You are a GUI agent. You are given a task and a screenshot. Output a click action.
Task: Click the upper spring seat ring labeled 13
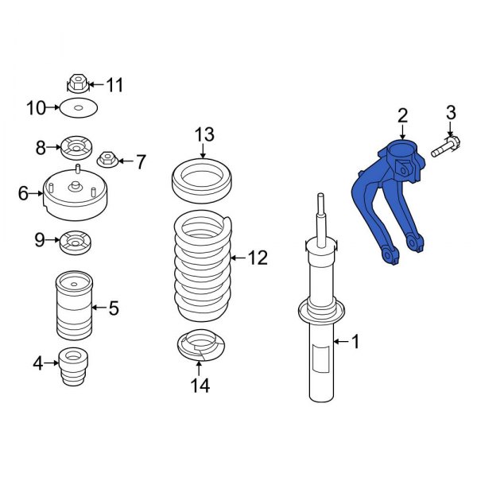click(x=203, y=182)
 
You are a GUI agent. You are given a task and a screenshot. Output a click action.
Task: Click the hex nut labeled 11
click(x=77, y=83)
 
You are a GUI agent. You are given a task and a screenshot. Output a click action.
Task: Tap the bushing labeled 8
click(x=78, y=147)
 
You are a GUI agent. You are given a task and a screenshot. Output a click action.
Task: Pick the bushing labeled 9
click(x=77, y=240)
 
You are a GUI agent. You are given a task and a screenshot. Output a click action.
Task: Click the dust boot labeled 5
click(x=73, y=306)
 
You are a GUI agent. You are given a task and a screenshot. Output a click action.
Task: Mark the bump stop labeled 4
click(x=74, y=366)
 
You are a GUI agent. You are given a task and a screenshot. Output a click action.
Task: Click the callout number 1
click(x=355, y=343)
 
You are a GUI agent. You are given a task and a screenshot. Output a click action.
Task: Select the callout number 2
click(x=402, y=115)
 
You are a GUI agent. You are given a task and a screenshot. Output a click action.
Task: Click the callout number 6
click(x=23, y=193)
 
